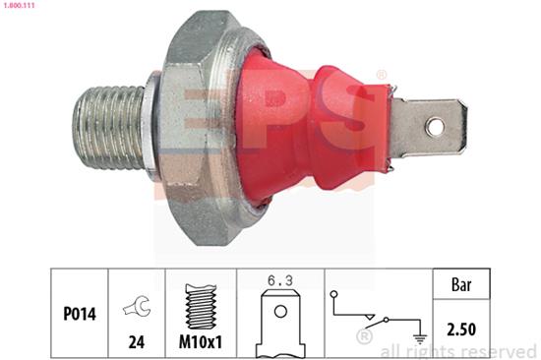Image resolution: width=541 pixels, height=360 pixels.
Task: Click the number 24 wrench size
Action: (x=134, y=343)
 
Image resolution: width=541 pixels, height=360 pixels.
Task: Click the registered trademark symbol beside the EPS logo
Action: (x=381, y=76)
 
